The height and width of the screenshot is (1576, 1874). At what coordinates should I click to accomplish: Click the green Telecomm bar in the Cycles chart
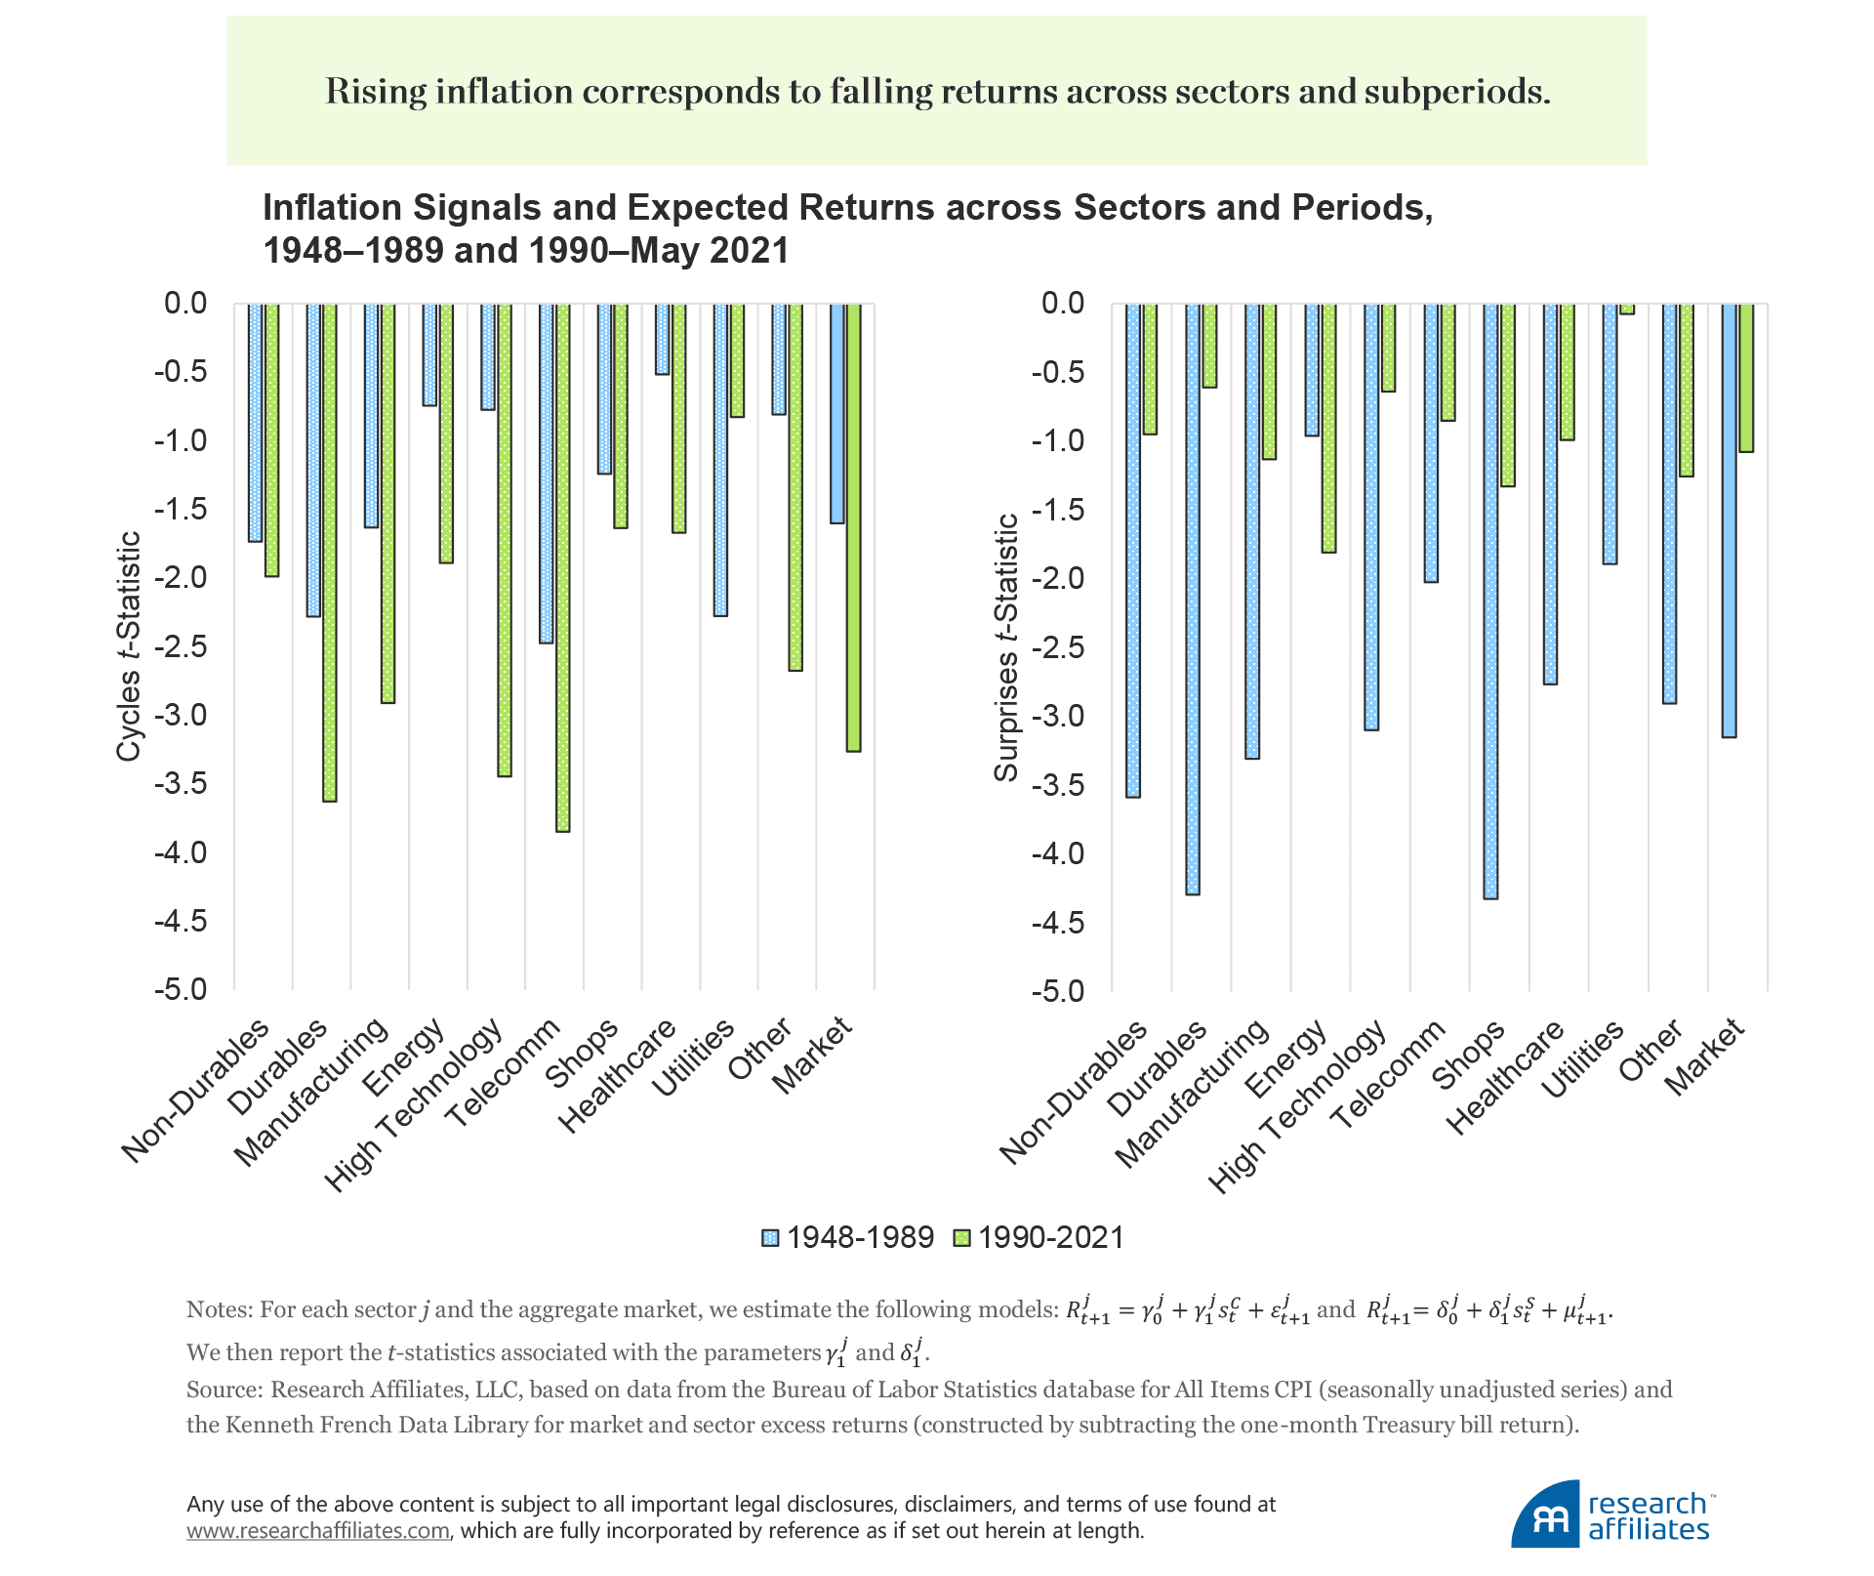(x=563, y=566)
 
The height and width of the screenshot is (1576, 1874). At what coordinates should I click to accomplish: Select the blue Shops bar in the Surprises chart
(x=1490, y=601)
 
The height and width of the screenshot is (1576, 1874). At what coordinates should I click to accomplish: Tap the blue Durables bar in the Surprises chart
(x=1193, y=599)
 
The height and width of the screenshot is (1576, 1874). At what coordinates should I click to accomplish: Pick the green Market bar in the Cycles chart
(x=854, y=527)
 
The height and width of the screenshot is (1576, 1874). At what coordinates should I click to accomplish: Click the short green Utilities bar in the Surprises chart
(x=1627, y=309)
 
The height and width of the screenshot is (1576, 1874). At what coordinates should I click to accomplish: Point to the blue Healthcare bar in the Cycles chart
(x=663, y=339)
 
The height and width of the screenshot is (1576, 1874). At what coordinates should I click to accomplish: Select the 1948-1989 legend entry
(x=848, y=1237)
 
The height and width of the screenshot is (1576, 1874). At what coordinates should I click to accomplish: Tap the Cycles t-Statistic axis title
(x=130, y=645)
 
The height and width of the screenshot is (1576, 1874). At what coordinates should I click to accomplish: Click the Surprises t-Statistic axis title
(x=1006, y=647)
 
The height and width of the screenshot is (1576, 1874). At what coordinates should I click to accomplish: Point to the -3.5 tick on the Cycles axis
(x=181, y=784)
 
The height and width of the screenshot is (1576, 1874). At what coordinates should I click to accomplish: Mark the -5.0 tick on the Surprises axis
(x=1058, y=991)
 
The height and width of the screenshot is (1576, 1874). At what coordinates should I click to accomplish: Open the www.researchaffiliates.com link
(x=318, y=1531)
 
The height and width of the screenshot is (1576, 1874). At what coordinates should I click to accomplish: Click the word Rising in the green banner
(x=375, y=92)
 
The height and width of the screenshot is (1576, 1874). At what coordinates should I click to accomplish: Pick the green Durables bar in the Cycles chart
(x=330, y=552)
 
